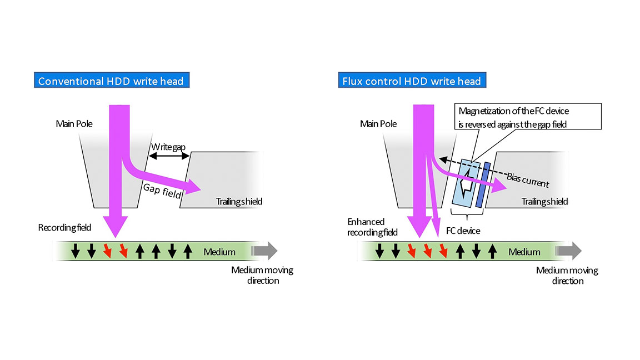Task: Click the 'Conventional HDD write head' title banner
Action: click(111, 81)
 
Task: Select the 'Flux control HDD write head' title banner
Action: click(409, 81)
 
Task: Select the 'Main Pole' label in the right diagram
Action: click(378, 123)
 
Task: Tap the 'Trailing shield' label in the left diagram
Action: click(239, 201)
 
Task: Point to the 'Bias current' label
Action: click(528, 179)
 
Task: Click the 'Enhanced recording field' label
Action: click(366, 227)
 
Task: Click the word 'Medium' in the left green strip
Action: click(219, 252)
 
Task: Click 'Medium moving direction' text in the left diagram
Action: click(262, 276)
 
